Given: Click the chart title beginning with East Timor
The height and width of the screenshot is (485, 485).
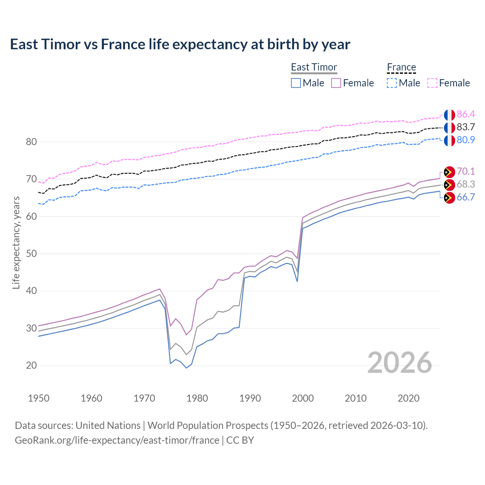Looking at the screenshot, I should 180,44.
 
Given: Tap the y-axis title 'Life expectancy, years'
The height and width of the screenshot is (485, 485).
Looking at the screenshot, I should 16,243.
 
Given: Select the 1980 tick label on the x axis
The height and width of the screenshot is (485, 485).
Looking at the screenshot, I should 197,398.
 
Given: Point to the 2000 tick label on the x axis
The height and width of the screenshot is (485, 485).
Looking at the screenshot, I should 303,398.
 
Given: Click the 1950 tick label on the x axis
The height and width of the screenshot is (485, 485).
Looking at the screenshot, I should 39,398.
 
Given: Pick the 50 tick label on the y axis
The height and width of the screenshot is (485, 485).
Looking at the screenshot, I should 31,253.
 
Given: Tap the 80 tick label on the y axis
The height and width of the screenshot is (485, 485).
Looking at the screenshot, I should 31,142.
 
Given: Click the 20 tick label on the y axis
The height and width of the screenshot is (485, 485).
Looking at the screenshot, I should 31,365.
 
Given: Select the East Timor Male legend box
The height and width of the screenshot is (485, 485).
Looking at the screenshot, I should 296,83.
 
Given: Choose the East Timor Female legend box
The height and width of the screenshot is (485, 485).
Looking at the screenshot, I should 336,83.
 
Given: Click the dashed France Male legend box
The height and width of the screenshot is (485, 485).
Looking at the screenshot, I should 392,83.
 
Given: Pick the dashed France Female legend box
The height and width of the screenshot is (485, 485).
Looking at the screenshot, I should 432,83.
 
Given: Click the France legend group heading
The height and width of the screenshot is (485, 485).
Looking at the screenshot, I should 401,67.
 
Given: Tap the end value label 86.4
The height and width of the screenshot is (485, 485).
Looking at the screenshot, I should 466,114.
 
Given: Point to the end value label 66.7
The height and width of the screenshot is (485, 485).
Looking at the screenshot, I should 466,197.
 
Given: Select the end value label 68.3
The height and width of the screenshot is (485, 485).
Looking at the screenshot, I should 466,184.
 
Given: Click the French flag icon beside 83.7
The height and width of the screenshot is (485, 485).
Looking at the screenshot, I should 449,128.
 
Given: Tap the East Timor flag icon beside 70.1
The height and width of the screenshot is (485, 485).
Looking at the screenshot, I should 449,172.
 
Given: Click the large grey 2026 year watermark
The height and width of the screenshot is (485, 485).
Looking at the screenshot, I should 399,363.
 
